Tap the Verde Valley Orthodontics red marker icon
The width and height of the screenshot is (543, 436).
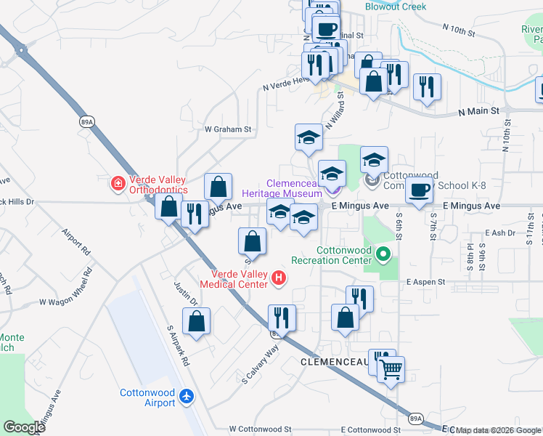pos(118,184)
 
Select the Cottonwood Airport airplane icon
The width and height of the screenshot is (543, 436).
pos(187,396)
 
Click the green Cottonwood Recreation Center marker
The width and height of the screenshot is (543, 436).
pos(384,255)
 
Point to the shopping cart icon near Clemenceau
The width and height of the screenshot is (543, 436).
pos(391,368)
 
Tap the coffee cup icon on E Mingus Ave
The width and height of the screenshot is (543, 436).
pos(419,190)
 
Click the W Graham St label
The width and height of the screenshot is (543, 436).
pos(227,130)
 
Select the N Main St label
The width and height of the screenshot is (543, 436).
pos(478,112)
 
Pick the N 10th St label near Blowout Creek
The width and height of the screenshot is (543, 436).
pos(458,30)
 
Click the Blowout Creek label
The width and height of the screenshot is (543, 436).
pos(395,7)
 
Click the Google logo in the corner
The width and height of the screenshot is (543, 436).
pos(24,427)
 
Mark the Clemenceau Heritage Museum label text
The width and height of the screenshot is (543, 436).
pos(294,189)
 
